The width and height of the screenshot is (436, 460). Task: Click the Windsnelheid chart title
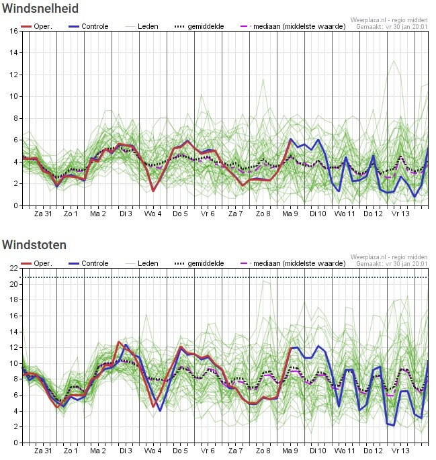(41, 9)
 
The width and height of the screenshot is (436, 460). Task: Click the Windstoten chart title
(34, 245)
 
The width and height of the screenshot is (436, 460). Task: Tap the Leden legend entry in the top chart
(148, 26)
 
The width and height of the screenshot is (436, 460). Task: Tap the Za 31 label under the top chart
(43, 214)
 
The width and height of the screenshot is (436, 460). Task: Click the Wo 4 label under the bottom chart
(152, 451)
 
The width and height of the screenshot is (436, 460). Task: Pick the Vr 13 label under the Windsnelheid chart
(400, 214)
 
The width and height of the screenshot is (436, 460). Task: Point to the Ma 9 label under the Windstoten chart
(290, 451)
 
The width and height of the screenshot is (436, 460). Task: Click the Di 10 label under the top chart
(318, 214)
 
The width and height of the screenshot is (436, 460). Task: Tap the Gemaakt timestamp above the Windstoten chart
(392, 264)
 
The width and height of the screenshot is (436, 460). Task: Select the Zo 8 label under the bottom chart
(263, 451)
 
